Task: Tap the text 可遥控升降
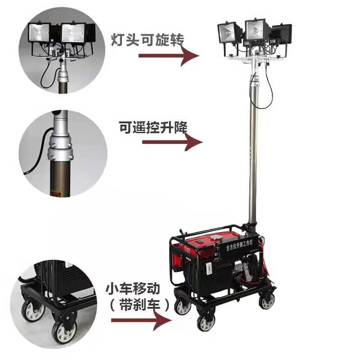153,126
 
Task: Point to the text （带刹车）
135,305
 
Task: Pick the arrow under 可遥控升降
171,143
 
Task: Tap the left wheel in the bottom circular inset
32,310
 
